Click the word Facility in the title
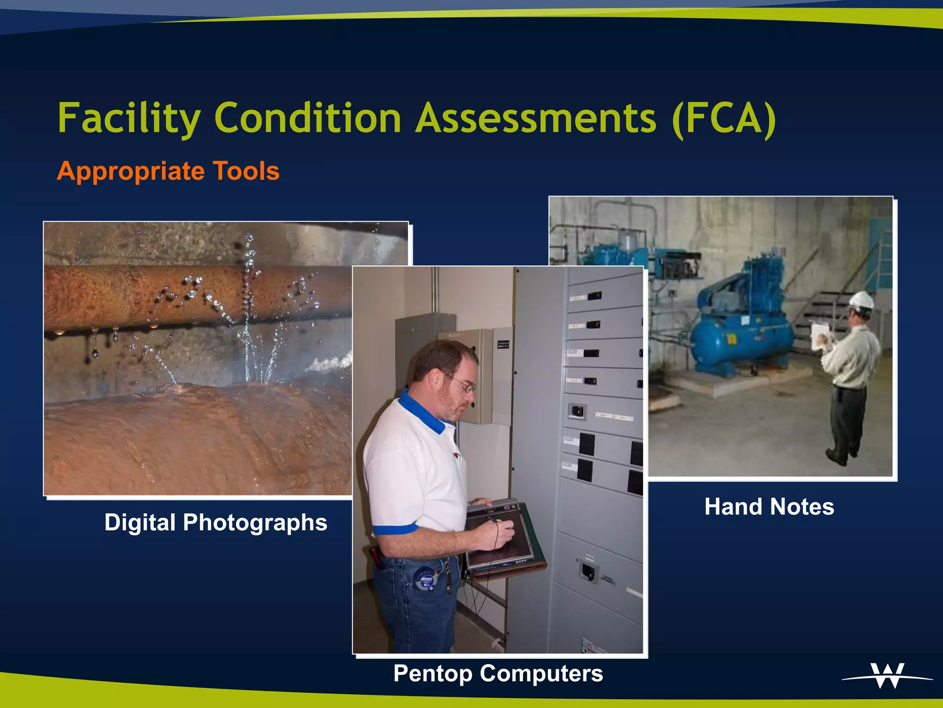pyautogui.click(x=129, y=119)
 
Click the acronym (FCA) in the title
pyautogui.click(x=723, y=119)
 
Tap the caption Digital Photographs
pyautogui.click(x=215, y=522)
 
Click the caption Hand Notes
pyautogui.click(x=769, y=507)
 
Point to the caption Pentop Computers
pyautogui.click(x=498, y=673)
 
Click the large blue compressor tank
pyautogui.click(x=741, y=339)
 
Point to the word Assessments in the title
pyautogui.click(x=536, y=119)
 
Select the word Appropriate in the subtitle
pyautogui.click(x=130, y=172)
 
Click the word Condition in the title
pyautogui.click(x=308, y=119)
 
